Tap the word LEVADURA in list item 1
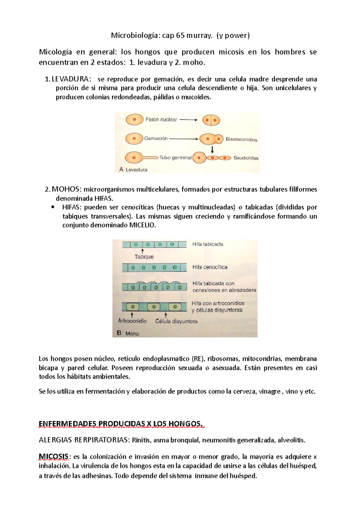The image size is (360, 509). pos(70,79)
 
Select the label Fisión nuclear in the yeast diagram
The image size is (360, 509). pos(161,120)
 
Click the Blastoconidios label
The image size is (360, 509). pos(241,139)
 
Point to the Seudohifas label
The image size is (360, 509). pos(246,158)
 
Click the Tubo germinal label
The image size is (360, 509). pos(175,158)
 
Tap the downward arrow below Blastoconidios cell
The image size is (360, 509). pos(212,149)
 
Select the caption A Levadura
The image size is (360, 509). pos(133,170)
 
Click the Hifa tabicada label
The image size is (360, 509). pos(208,244)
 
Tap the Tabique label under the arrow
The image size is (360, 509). pos(144,257)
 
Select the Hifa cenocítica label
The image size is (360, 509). pos(210,267)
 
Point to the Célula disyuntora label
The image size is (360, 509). pos(176,321)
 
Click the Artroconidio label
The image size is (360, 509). pos(132,321)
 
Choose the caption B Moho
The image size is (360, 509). pos(128,333)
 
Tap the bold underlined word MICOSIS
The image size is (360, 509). pos(54,457)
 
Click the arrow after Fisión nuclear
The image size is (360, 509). pos(188,120)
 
